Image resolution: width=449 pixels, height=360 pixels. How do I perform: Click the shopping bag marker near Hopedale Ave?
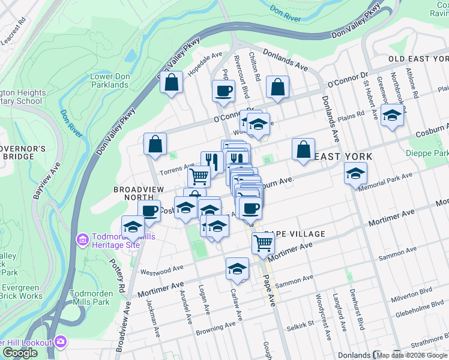172,83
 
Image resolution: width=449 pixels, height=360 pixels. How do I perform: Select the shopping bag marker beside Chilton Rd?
278,87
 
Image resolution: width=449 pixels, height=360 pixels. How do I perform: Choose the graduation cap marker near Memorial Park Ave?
355,174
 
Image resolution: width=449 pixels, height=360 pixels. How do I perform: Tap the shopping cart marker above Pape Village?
263,242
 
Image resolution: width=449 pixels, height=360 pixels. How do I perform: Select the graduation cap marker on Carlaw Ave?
238,269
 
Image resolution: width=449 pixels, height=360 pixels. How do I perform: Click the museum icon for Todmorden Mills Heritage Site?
82,240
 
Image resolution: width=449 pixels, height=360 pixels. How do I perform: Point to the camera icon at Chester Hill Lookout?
60,341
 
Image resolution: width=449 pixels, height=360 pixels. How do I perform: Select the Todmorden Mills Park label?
90,298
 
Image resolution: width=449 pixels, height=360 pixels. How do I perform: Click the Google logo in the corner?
20,353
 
